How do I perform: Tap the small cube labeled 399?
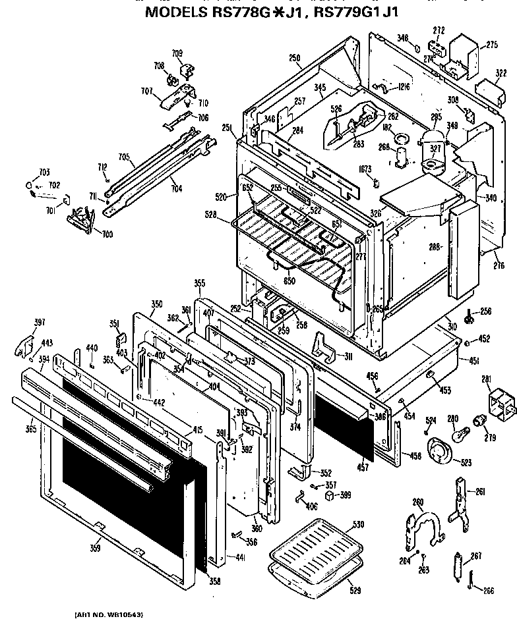pyautogui.click(x=328, y=496)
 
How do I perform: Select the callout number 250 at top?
pyautogui.click(x=294, y=58)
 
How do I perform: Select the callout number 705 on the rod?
pyautogui.click(x=123, y=157)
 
